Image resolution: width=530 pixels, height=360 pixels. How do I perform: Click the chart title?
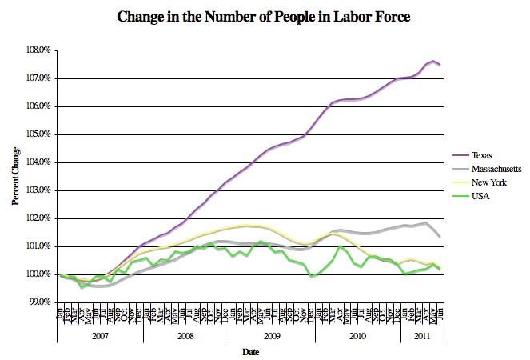point(264,16)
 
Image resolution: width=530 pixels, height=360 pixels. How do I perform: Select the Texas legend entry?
point(483,155)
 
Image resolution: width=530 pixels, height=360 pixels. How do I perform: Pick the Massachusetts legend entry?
point(496,170)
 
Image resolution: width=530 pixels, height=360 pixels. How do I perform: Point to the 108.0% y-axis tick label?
point(39,50)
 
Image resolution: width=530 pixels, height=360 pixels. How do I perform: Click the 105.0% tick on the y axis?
point(39,134)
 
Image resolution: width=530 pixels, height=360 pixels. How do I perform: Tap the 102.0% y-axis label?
point(39,218)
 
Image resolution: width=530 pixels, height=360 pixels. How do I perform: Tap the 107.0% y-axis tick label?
point(39,78)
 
